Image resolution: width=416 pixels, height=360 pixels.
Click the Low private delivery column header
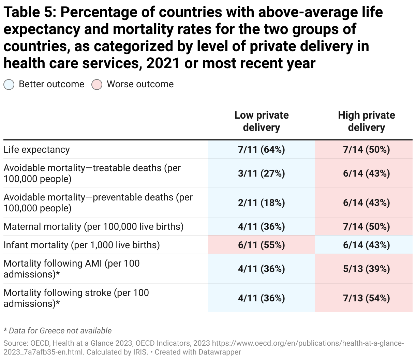point(261,121)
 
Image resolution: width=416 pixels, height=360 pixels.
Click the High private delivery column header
point(366,121)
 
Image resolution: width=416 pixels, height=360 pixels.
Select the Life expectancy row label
point(36,150)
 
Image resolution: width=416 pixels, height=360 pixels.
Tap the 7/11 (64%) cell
point(261,150)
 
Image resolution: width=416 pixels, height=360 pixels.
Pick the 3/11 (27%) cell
point(261,174)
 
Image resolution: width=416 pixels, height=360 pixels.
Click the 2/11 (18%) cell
point(261,203)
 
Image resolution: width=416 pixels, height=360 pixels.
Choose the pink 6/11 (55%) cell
point(261,245)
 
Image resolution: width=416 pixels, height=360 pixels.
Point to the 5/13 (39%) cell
point(366,269)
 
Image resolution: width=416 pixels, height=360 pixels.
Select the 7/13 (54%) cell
point(366,298)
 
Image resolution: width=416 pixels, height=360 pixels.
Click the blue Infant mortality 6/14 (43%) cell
point(366,245)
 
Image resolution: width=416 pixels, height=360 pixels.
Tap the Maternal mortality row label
point(93,227)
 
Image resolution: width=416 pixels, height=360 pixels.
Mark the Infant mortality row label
point(81,245)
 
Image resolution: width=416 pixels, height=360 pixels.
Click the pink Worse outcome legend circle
point(97,85)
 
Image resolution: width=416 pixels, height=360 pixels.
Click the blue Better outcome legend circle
point(9,85)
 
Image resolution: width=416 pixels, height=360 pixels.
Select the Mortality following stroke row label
point(76,298)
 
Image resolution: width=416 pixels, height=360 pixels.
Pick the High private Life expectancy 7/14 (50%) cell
point(366,150)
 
